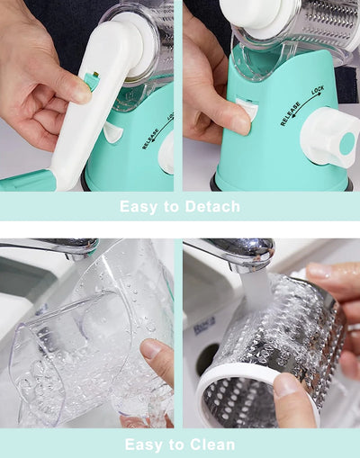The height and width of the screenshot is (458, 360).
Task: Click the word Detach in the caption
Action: [x=212, y=206]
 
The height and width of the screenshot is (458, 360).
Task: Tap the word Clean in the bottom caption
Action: [x=211, y=445]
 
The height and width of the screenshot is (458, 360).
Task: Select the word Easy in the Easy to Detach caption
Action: [x=139, y=207]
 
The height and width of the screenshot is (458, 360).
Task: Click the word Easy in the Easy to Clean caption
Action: [x=143, y=445]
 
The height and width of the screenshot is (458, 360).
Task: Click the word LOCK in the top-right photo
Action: [x=318, y=90]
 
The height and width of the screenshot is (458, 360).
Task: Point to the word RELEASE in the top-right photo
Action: [x=291, y=114]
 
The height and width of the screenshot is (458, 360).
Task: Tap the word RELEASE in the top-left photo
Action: [x=150, y=139]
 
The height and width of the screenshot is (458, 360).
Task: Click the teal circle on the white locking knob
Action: [x=347, y=143]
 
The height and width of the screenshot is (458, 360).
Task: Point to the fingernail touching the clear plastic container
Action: [x=149, y=349]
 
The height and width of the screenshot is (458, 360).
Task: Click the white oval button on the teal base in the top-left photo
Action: [x=113, y=132]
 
